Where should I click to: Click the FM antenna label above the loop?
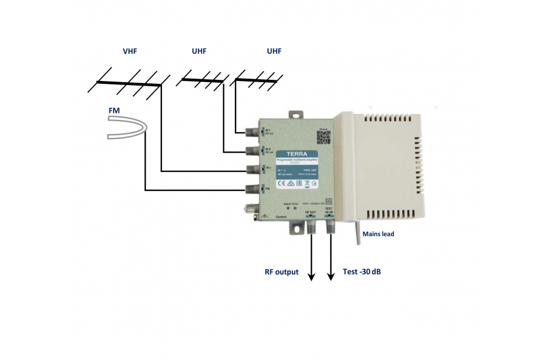[114, 110]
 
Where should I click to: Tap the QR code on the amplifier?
[323, 137]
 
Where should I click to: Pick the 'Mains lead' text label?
[379, 235]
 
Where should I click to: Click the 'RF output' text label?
[282, 272]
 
